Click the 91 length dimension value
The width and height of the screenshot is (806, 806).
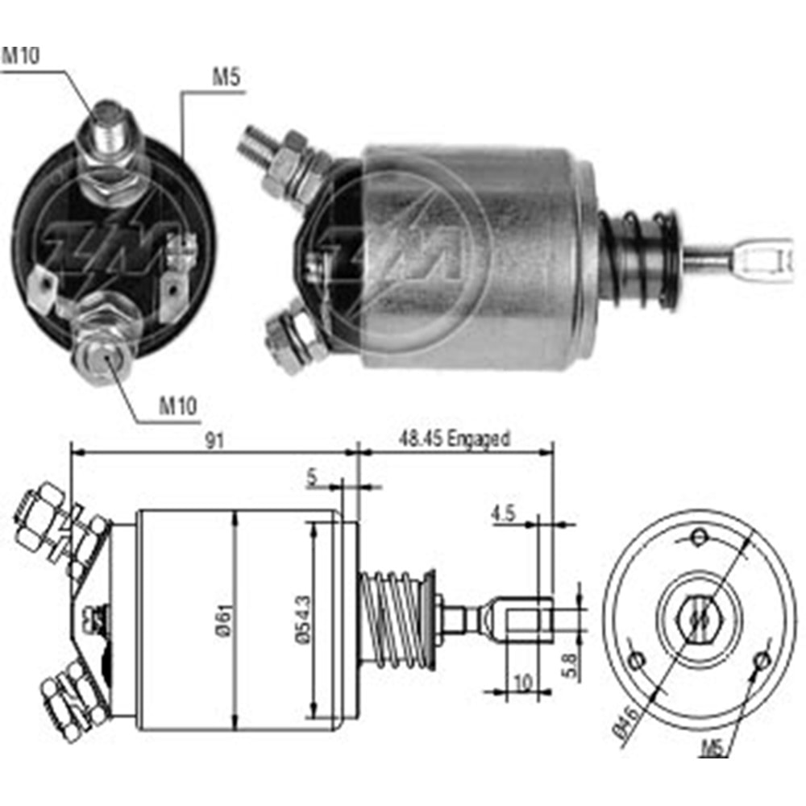coord(214,440)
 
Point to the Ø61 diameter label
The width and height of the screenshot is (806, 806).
coord(225,621)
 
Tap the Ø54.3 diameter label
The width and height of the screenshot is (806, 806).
coord(301,621)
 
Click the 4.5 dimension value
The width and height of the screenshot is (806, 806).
coord(502,513)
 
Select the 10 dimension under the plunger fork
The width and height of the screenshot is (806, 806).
coord(522,683)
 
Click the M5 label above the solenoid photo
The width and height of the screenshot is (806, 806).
coord(226,78)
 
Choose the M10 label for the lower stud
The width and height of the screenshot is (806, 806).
coord(177,405)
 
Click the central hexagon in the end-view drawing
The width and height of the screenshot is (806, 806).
coord(699,619)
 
